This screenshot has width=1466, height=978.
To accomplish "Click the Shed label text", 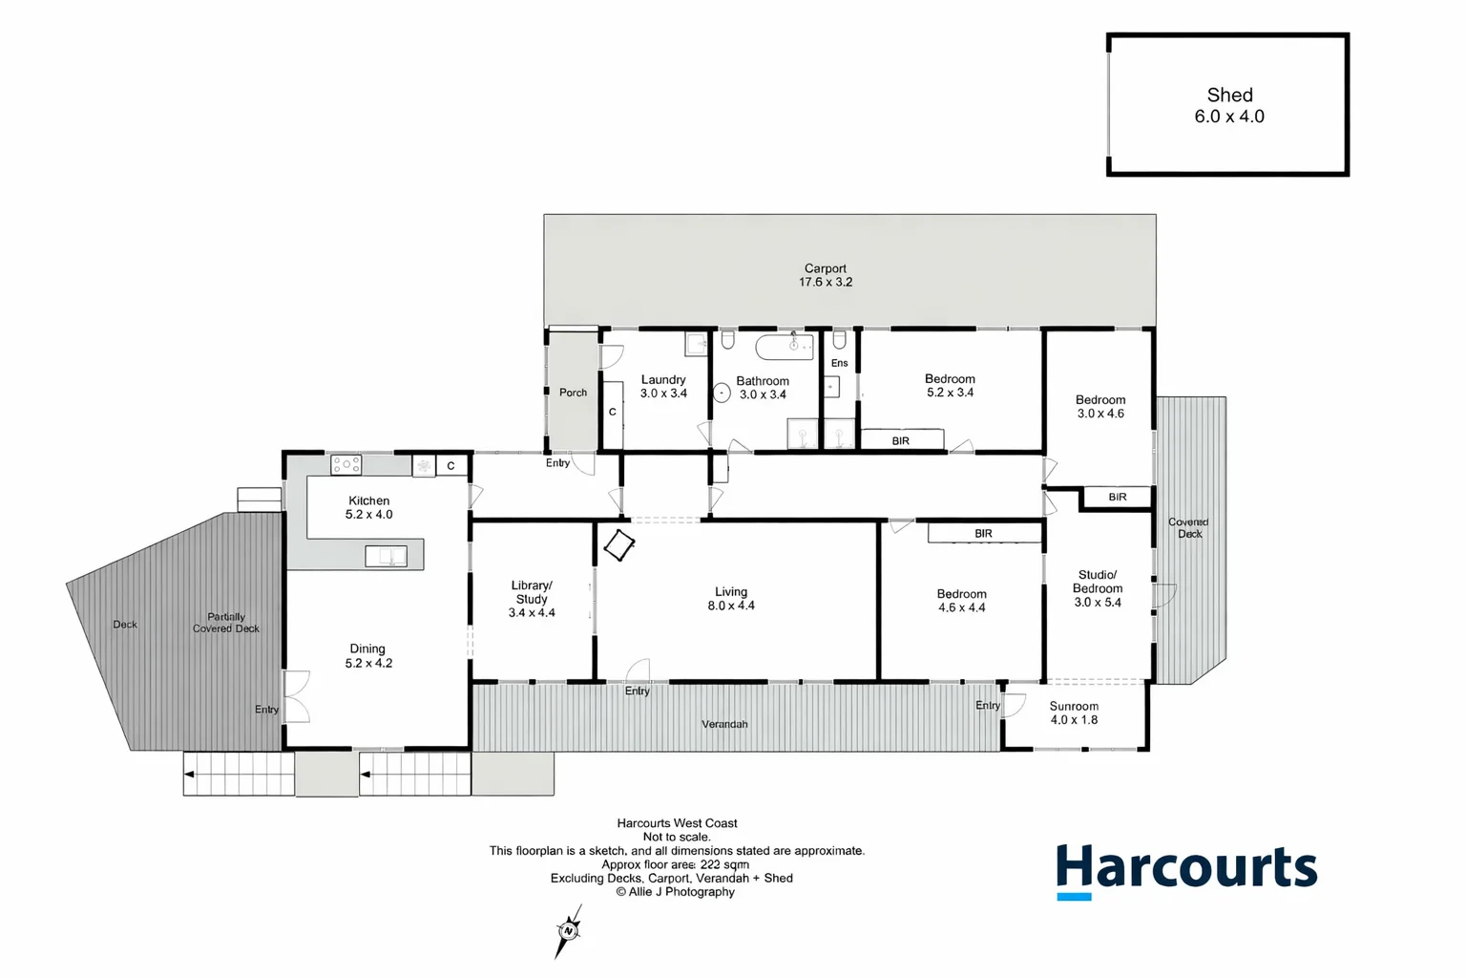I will pos(1229,96).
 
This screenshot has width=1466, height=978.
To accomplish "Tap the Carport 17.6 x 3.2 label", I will pos(826,276).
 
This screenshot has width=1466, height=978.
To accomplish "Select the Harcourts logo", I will pos(1186,870).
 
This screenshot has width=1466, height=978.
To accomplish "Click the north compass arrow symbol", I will pos(569,930).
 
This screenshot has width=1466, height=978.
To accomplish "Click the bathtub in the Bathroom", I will pos(785,346).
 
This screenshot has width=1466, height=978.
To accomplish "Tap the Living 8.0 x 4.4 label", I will pos(731,599).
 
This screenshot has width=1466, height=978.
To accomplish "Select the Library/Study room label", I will pos(532,599).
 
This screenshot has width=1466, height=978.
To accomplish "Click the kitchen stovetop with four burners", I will pos(346,465).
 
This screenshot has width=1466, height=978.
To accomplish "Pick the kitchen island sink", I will pos(387,556).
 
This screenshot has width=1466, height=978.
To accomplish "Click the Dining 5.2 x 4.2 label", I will pos(368,655).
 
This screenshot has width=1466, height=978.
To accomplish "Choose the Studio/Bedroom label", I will pos(1098,588).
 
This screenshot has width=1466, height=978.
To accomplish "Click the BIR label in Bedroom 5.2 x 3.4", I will pos(901,441).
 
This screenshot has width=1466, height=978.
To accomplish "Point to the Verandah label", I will pos(724,724).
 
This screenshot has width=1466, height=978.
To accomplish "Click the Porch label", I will pos(573,393).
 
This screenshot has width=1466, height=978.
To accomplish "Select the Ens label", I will pos(839,363).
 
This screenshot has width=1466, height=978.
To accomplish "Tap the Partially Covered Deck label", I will pos(226,623).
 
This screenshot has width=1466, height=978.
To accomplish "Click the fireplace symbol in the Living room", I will pos(618,545).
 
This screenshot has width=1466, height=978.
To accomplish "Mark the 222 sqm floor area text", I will pos(724,864).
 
